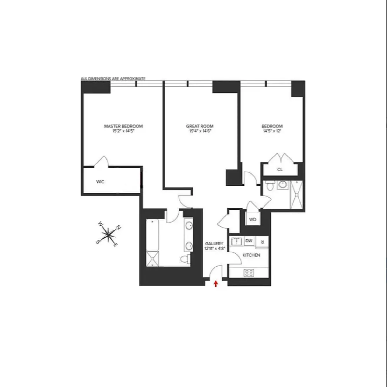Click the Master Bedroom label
click(x=123, y=126)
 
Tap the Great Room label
click(x=200, y=126)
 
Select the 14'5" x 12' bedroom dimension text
click(x=272, y=131)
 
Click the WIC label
click(x=100, y=182)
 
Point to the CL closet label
click(x=280, y=170)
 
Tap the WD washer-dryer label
click(x=252, y=220)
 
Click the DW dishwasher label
click(x=249, y=241)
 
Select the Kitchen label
click(x=251, y=255)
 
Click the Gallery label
click(x=214, y=244)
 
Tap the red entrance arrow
click(x=216, y=283)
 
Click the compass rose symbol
click(x=108, y=234)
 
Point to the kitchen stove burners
click(x=249, y=273)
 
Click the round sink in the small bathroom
click(x=282, y=185)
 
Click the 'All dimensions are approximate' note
click(x=113, y=79)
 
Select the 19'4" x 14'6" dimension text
click(x=200, y=131)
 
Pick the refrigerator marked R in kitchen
click(x=262, y=242)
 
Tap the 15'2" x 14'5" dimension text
click(x=123, y=131)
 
